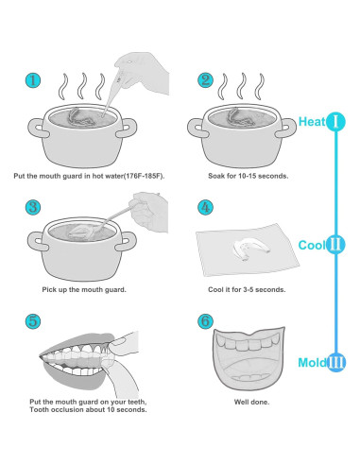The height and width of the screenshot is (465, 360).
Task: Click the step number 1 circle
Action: pyautogui.click(x=33, y=80)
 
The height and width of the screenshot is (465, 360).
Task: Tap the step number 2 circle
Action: pyautogui.click(x=206, y=80)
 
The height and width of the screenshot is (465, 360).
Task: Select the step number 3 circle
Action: pyautogui.click(x=33, y=207)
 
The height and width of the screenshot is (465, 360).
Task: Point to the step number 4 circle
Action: pyautogui.click(x=206, y=207)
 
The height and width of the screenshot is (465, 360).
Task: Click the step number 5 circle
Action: pyautogui.click(x=33, y=321)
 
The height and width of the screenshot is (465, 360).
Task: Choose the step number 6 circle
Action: pyautogui.click(x=206, y=321)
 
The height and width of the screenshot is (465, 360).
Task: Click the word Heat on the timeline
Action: pyautogui.click(x=312, y=122)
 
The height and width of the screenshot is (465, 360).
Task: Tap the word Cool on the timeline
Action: pyautogui.click(x=312, y=245)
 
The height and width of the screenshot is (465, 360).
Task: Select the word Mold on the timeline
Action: pyautogui.click(x=313, y=363)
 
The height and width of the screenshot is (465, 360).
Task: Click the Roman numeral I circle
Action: pyautogui.click(x=335, y=121)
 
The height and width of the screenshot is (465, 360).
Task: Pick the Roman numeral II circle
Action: pyautogui.click(x=335, y=245)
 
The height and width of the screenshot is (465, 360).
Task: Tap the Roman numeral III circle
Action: pyautogui.click(x=336, y=362)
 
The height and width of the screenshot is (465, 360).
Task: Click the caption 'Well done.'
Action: pyautogui.click(x=251, y=402)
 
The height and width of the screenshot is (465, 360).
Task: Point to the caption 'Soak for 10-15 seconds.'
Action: pyautogui.click(x=249, y=176)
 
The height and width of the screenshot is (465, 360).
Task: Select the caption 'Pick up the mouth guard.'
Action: pyautogui.click(x=84, y=289)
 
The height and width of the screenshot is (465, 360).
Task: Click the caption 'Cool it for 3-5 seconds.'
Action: pyautogui.click(x=247, y=289)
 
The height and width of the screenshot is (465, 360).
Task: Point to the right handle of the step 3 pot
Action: pyautogui.click(x=127, y=241)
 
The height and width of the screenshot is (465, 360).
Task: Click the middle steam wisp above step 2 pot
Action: pyautogui.click(x=241, y=87)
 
